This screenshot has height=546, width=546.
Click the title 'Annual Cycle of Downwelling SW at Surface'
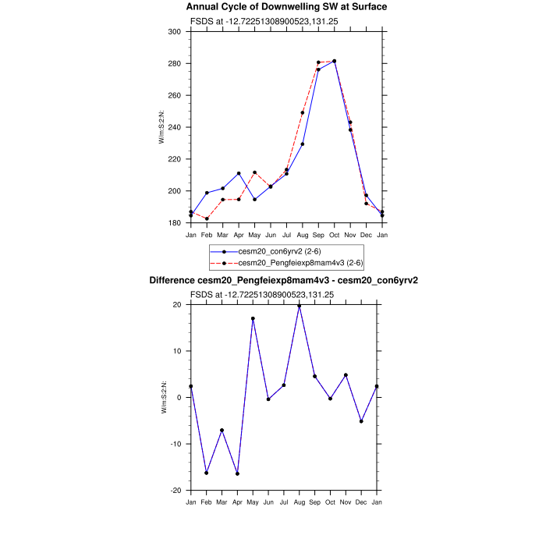(286, 7)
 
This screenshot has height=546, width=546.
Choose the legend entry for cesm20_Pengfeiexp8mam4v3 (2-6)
(284, 263)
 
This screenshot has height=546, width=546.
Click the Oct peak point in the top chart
(335, 61)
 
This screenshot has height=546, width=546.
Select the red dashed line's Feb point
(207, 218)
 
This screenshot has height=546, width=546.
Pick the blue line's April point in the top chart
(239, 173)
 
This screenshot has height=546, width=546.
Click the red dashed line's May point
(254, 172)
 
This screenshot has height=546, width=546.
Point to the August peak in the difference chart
(299, 306)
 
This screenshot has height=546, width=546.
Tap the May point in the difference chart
(253, 318)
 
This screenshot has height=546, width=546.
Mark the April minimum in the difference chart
(237, 473)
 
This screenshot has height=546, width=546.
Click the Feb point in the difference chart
(206, 473)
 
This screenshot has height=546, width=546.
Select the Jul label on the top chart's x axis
(286, 235)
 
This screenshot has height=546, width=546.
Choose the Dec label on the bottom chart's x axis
(361, 501)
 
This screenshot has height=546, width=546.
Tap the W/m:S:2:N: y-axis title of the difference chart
(164, 396)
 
